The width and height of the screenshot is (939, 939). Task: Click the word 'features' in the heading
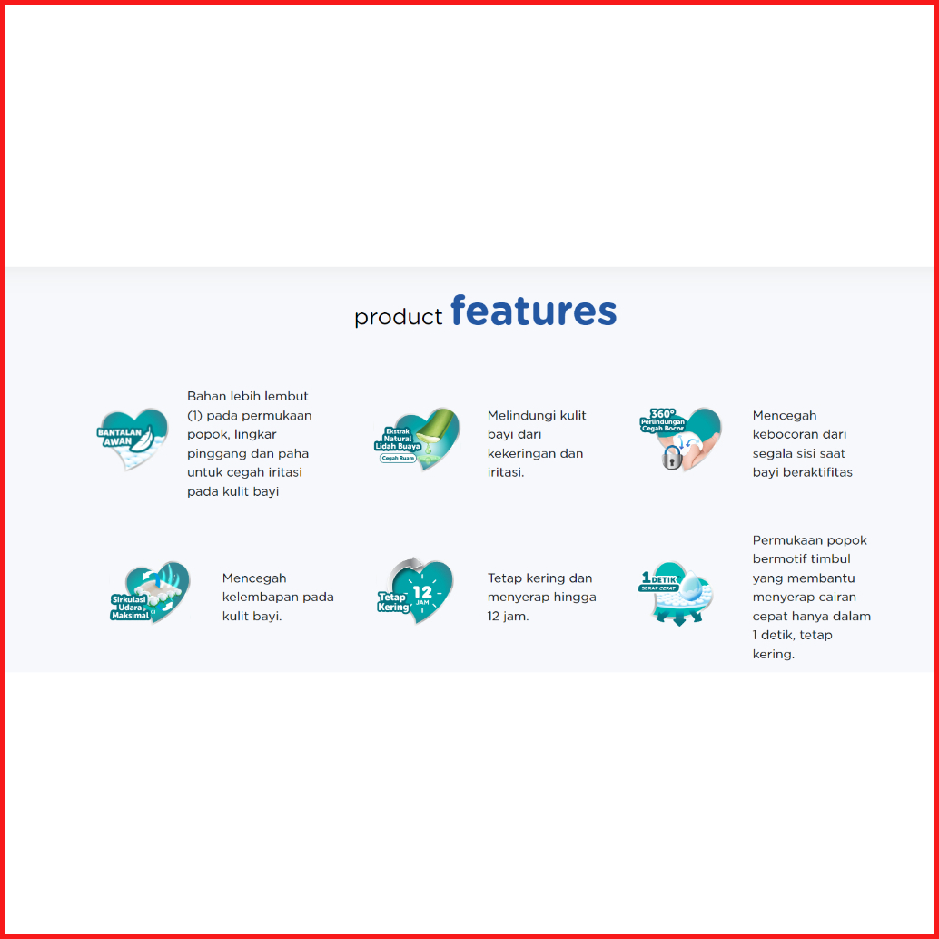(533, 311)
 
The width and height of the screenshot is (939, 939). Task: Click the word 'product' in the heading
(399, 317)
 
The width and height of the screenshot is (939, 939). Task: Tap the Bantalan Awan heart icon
(133, 439)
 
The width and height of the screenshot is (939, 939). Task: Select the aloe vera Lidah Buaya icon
(417, 439)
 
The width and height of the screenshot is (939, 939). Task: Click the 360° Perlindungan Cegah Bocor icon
(680, 439)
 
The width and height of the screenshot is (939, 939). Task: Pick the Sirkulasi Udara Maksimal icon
(150, 592)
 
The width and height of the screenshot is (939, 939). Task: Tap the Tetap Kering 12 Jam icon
(414, 591)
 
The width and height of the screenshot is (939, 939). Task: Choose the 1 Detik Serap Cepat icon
(677, 594)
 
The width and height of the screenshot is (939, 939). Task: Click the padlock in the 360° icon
(671, 458)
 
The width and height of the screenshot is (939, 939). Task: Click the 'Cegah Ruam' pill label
(398, 458)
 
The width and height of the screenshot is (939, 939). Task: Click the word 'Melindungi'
(516, 416)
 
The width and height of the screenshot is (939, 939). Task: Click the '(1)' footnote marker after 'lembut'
(194, 416)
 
